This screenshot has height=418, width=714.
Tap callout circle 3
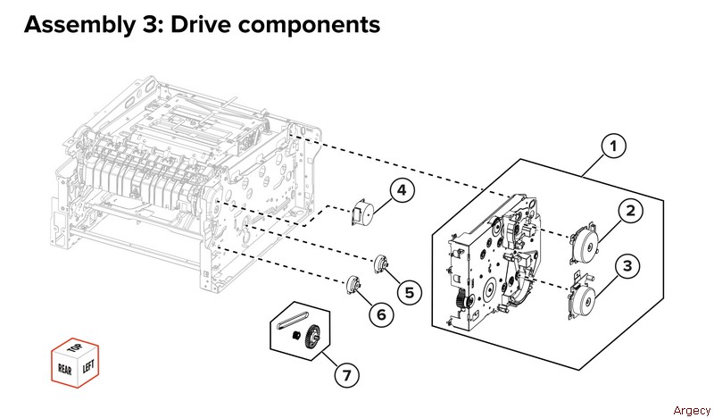628,265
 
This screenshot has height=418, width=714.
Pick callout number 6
378,314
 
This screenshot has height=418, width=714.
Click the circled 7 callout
346,373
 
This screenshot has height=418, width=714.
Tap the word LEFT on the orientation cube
87,367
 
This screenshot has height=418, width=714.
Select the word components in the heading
307,25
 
